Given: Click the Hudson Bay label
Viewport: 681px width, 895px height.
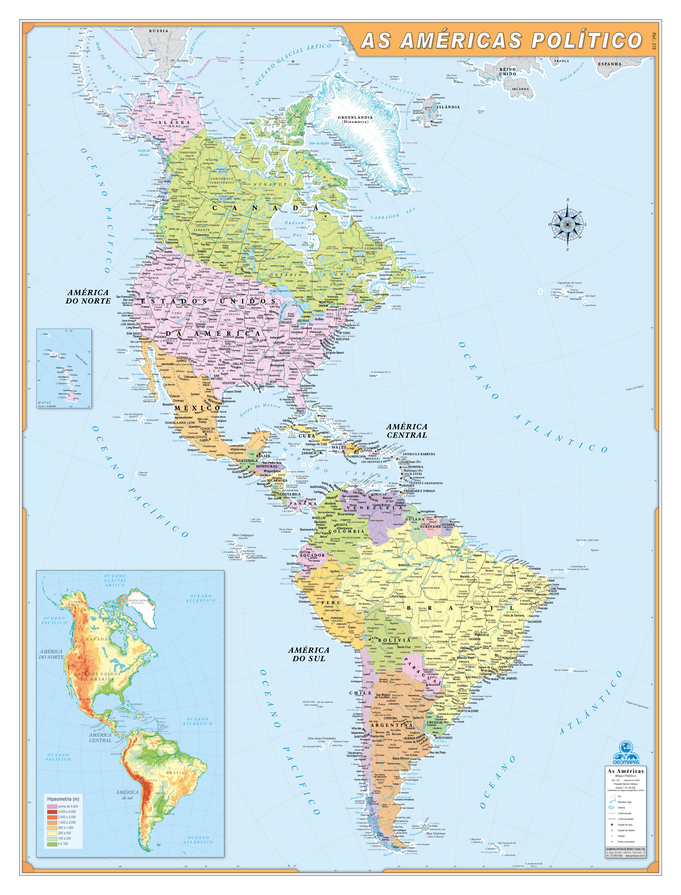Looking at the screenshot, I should pos(295,228).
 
